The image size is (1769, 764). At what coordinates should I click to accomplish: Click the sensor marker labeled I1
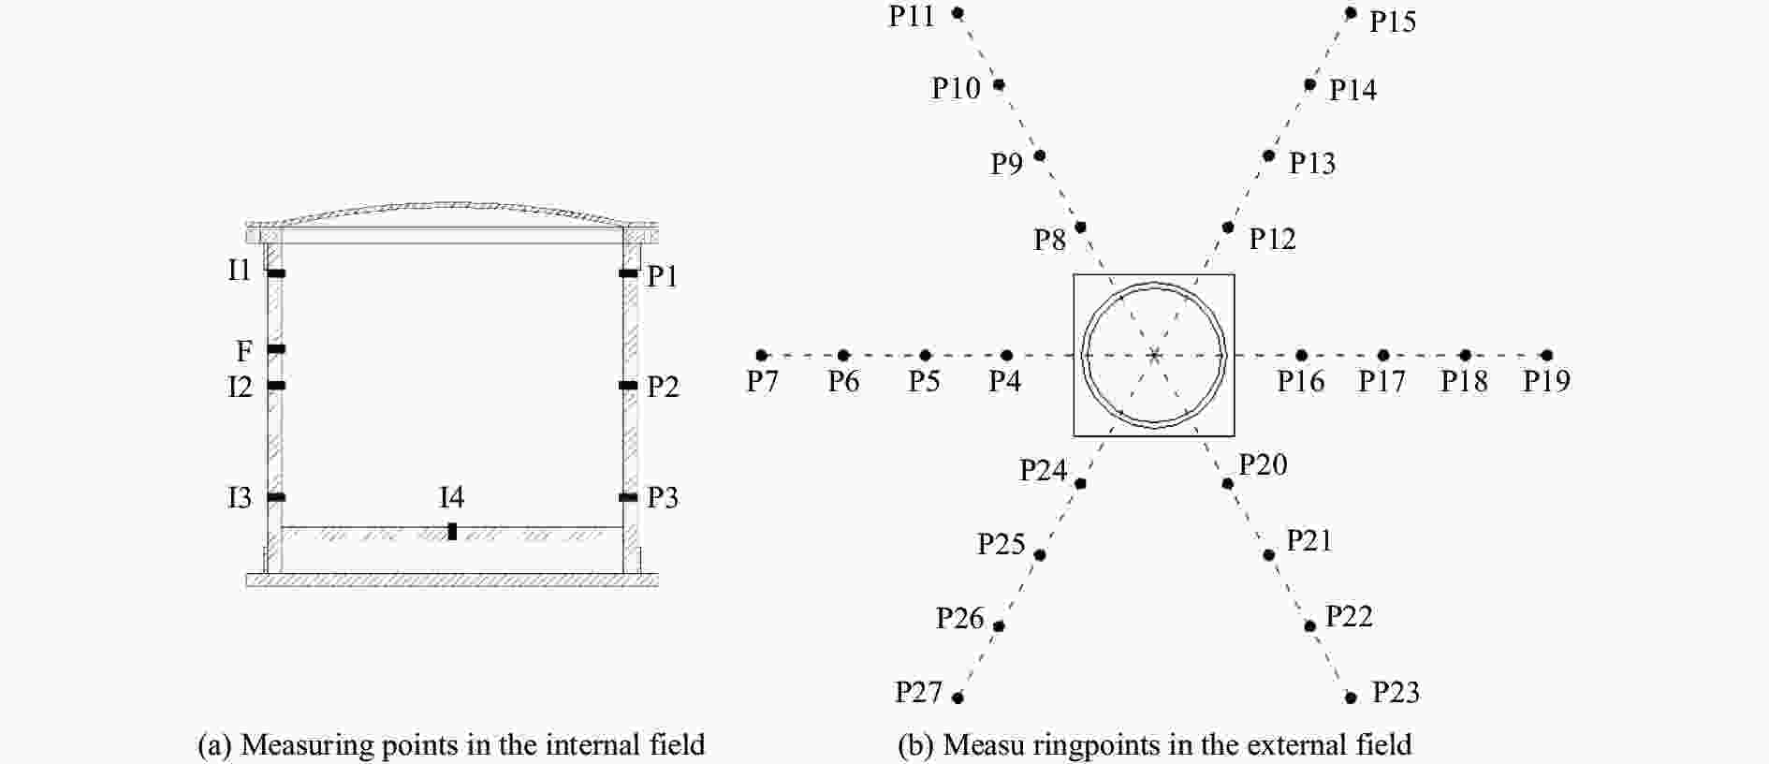click(276, 273)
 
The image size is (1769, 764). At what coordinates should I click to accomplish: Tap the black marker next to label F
click(276, 349)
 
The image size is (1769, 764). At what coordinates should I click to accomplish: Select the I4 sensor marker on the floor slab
click(452, 532)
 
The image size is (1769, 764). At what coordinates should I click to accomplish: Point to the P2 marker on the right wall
click(628, 386)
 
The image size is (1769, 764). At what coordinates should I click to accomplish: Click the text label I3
click(240, 497)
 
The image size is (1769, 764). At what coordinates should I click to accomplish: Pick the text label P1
click(662, 276)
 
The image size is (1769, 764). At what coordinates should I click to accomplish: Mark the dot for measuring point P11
click(958, 13)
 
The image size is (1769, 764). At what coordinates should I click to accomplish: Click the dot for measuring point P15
click(1351, 13)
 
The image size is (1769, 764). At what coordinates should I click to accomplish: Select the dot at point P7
click(762, 356)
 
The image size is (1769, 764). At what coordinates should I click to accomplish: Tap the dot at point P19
click(1547, 356)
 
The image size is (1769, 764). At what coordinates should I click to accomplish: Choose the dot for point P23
click(1351, 698)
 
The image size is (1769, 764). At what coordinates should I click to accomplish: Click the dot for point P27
click(958, 698)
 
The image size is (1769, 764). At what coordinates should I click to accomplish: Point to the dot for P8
click(1080, 228)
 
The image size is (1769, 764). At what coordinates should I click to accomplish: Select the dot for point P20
click(1228, 484)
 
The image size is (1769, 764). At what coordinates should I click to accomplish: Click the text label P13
click(1312, 164)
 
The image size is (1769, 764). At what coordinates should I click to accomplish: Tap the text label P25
click(1001, 544)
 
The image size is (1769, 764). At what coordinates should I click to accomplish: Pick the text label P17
click(1382, 381)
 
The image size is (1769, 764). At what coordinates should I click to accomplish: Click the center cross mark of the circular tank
click(1154, 356)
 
